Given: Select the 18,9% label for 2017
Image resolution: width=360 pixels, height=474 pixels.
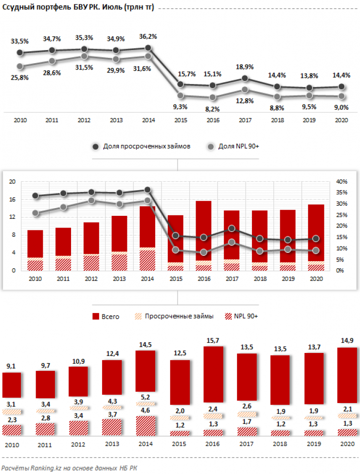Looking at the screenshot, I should [x=245, y=67].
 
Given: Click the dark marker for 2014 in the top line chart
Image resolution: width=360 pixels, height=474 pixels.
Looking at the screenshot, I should [x=148, y=48].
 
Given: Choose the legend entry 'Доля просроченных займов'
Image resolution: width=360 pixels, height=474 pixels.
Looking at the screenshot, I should [x=142, y=146].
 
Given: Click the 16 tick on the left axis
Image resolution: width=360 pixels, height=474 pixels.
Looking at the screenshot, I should [x=13, y=199].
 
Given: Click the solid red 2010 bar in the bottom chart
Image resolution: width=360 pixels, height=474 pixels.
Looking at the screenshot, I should [x=12, y=385].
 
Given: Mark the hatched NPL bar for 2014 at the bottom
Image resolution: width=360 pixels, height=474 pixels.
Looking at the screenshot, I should [x=146, y=426].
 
